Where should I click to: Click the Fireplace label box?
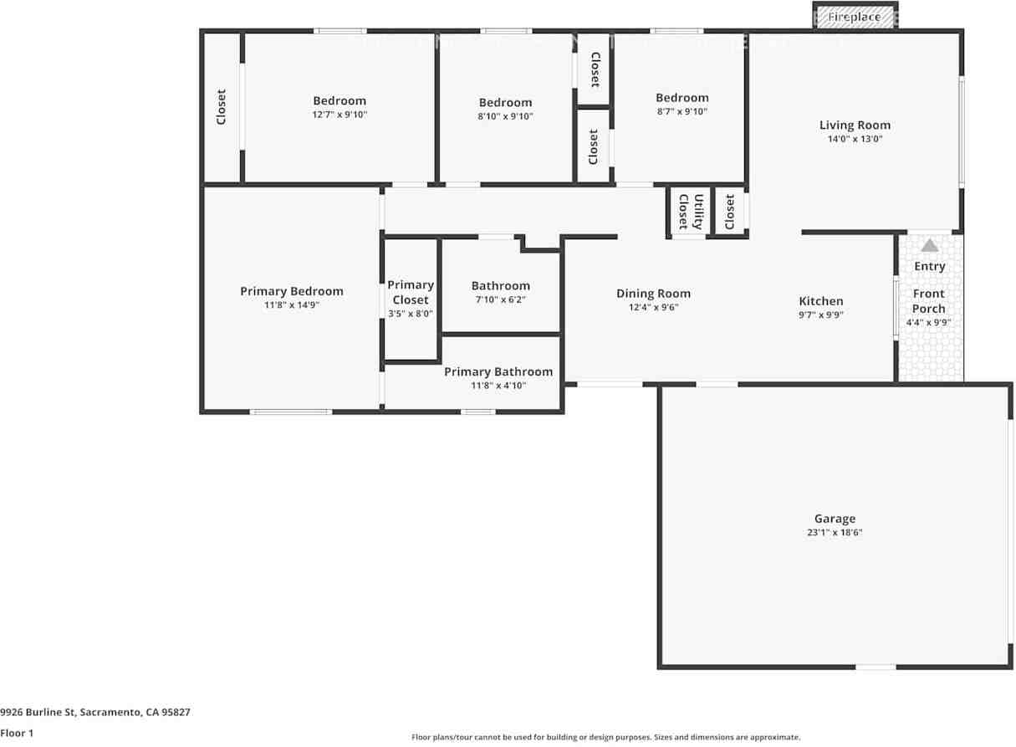click(854, 17)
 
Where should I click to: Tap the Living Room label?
click(855, 125)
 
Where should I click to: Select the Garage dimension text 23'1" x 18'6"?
click(835, 532)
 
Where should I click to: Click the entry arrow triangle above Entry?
click(929, 245)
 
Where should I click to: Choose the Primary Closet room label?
click(411, 292)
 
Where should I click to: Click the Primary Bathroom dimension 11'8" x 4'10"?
click(498, 386)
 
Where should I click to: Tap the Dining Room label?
click(653, 294)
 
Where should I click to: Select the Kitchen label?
click(821, 301)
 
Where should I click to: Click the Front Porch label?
click(928, 301)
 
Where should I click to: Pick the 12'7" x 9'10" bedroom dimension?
click(340, 115)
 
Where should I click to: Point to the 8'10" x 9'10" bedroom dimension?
click(505, 116)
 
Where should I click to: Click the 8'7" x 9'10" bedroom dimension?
click(682, 111)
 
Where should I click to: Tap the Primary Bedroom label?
click(292, 291)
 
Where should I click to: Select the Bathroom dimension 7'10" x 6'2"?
click(500, 299)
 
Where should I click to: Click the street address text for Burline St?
click(95, 712)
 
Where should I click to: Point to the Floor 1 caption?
click(17, 733)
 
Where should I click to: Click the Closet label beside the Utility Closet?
click(730, 212)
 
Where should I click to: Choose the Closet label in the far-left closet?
click(222, 107)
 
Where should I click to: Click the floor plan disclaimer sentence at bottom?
click(605, 737)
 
